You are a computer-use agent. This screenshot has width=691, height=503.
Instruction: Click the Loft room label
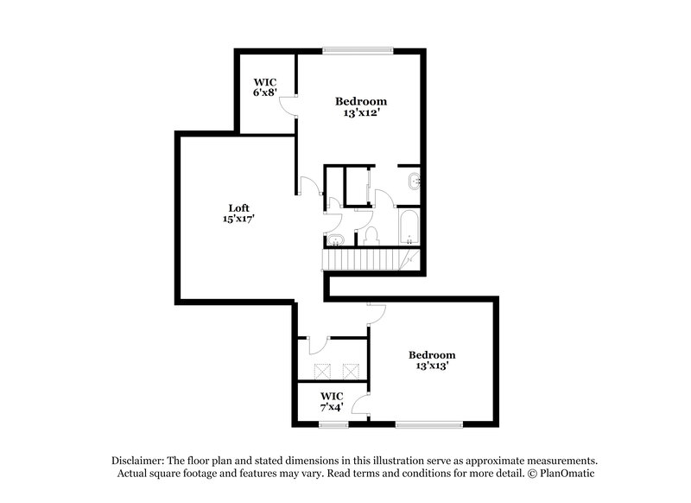coord(239,207)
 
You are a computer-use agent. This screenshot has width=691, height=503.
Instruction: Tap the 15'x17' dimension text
coord(239,219)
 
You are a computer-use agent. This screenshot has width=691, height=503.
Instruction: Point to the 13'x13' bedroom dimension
coord(432,366)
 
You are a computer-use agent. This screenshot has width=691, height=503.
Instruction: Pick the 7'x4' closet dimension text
coord(332,407)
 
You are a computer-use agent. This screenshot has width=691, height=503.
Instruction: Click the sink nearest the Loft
coord(334,239)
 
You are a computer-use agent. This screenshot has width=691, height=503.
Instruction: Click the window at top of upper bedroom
coord(358,49)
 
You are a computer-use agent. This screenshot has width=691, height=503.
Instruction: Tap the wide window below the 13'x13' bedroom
coord(429,423)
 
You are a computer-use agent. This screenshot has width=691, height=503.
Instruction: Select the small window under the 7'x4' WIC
coord(333,423)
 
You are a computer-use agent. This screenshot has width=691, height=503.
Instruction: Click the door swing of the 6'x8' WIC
coord(291,106)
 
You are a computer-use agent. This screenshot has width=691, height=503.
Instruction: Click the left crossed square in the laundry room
coord(324,371)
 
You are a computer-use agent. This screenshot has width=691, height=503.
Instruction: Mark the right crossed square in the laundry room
coord(351,371)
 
